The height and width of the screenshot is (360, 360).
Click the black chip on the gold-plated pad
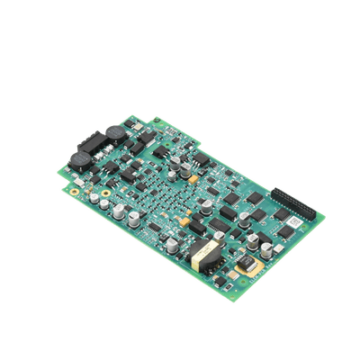pos(246,264)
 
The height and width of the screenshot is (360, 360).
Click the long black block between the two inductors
pos(92,143)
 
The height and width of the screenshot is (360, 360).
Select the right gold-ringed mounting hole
pos(108,193)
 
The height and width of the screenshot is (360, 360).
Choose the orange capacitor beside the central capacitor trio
pos(184,219)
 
